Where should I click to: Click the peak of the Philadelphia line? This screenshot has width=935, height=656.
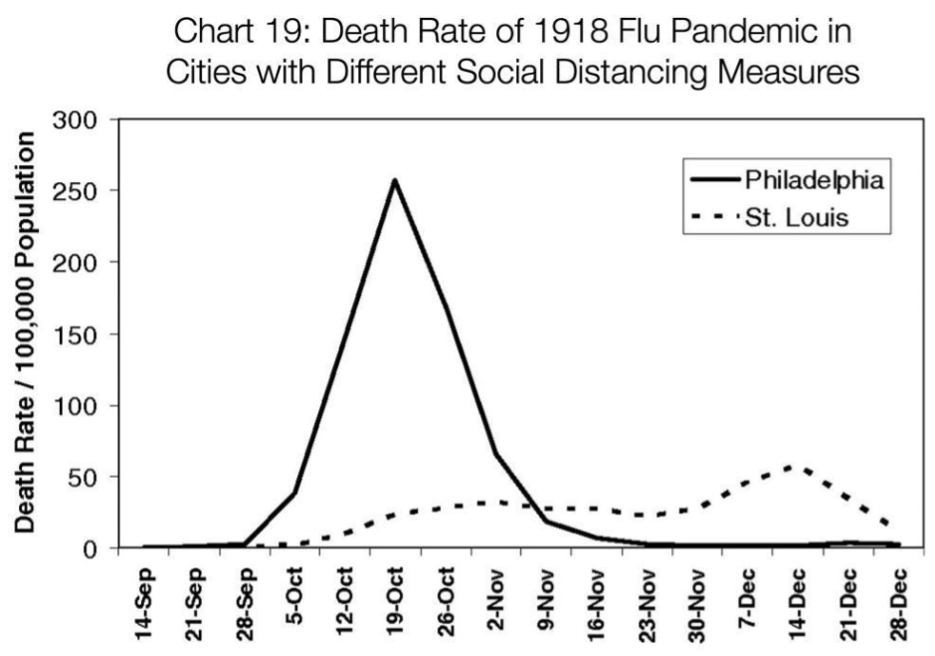pyautogui.click(x=395, y=180)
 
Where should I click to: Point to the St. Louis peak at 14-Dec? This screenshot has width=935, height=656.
pyautogui.click(x=791, y=466)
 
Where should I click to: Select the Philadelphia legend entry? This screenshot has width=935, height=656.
pyautogui.click(x=811, y=181)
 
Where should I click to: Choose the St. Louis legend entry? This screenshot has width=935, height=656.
pyautogui.click(x=797, y=217)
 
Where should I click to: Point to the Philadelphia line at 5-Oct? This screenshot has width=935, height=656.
pyautogui.click(x=294, y=492)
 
